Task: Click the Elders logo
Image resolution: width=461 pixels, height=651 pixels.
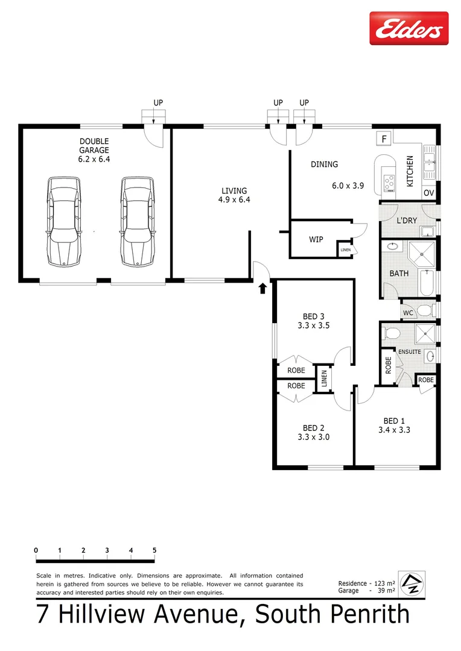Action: click(x=409, y=28)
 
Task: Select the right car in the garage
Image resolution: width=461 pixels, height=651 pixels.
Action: click(x=137, y=221)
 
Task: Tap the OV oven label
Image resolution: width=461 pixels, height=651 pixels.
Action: click(x=428, y=193)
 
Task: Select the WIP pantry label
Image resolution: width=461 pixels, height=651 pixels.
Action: click(x=316, y=239)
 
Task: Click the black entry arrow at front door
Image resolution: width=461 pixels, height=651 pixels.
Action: click(x=262, y=289)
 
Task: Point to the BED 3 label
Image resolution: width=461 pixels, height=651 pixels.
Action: click(x=314, y=316)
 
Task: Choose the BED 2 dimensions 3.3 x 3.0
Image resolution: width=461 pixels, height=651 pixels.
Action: click(x=314, y=437)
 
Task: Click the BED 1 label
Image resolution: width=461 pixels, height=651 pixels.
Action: click(x=395, y=421)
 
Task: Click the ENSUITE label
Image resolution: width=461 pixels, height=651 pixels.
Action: click(x=409, y=351)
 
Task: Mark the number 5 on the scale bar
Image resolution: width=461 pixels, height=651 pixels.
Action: click(x=154, y=550)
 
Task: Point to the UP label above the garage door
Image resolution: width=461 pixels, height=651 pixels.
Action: click(x=158, y=103)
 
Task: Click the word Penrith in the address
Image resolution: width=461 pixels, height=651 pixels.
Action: click(x=365, y=615)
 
